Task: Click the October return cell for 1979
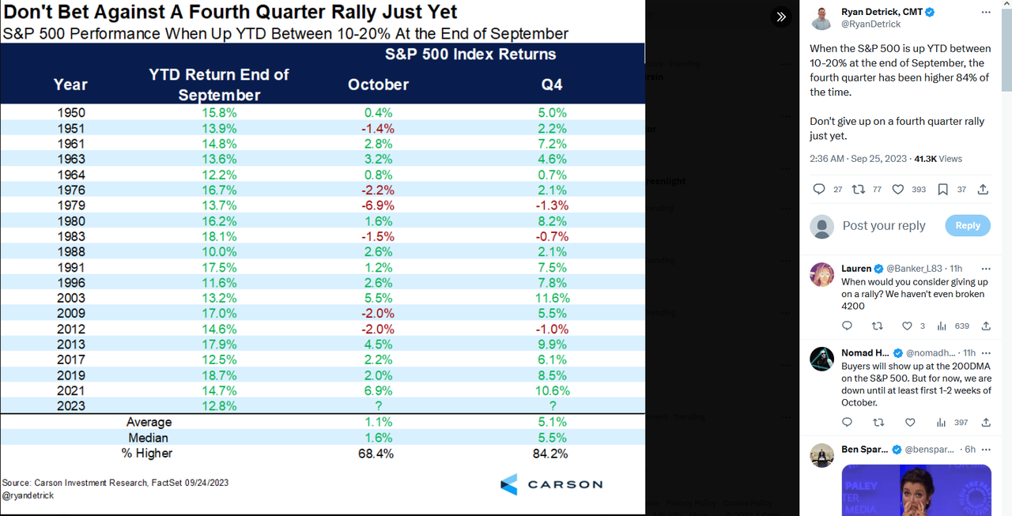pos(378,205)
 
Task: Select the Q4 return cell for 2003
pos(552,298)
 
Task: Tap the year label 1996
pos(71,283)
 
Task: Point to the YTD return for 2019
pos(219,375)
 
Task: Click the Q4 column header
pos(552,85)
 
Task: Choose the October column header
pos(378,85)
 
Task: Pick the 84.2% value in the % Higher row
pos(552,454)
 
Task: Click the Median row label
pos(148,438)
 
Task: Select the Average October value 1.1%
pos(378,422)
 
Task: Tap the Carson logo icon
pos(508,484)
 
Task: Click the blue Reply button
pos(968,225)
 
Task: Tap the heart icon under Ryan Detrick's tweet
pos(898,190)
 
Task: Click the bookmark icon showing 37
pos(942,190)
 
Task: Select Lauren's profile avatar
pos(822,275)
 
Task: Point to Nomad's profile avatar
pos(822,359)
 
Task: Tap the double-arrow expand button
pos(780,17)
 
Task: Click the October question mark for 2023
pos(378,406)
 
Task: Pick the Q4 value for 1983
pos(552,236)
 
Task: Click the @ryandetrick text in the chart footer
pos(28,495)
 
